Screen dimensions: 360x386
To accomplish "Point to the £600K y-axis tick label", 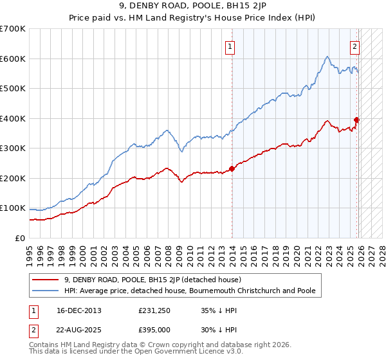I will tap(13, 59).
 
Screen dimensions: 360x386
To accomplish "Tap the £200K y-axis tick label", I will tap(13, 178).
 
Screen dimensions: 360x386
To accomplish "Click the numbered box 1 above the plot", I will tap(230, 46).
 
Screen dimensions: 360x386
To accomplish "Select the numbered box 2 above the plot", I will tap(354, 46).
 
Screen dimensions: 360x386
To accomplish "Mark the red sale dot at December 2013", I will tap(232, 168).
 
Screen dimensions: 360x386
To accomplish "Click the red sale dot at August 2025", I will tap(356, 120).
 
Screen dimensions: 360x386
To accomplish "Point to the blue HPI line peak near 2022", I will tap(327, 57).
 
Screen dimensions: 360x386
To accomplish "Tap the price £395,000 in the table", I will tap(154, 328).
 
